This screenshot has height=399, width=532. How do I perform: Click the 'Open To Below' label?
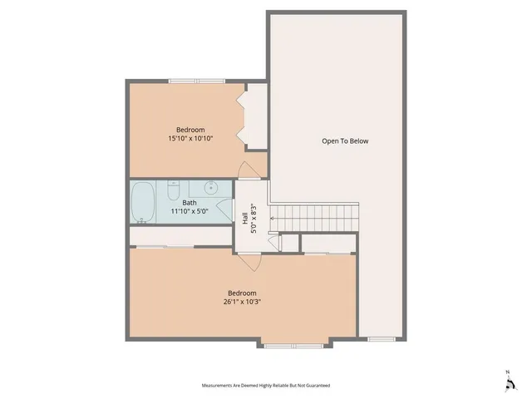click(345, 141)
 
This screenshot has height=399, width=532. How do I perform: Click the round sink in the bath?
click(211, 187)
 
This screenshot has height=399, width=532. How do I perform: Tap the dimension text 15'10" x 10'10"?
click(190, 139)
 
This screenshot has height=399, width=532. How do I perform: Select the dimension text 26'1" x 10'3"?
click(242, 303)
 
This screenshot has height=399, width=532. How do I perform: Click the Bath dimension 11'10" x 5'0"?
click(190, 212)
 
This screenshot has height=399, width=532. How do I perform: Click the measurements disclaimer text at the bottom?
click(265, 386)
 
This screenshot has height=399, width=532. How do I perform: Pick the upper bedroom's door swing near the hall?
click(249, 170)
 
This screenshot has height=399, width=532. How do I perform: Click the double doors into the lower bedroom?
click(250, 256)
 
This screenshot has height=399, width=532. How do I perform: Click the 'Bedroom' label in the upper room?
click(190, 130)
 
